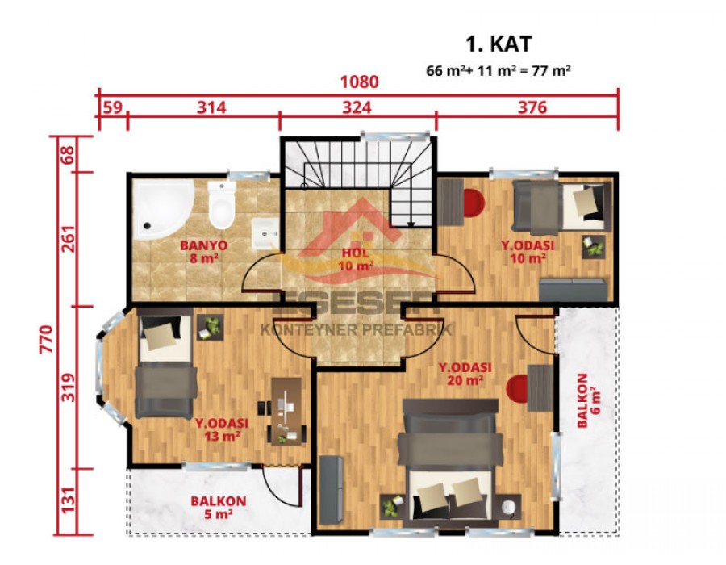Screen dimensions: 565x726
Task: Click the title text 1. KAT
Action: [499, 44]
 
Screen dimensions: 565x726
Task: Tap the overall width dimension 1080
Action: [359, 82]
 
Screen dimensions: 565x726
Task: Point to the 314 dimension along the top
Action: [207, 107]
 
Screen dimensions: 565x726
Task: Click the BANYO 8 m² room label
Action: [203, 252]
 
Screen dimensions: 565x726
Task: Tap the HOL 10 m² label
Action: [355, 260]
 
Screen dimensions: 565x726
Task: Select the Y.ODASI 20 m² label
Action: [461, 374]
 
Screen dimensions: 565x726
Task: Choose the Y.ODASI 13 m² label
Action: [221, 430]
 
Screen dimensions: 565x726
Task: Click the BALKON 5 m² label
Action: [218, 507]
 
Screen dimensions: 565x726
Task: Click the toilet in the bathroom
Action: [219, 206]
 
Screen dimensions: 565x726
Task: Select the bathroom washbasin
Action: [264, 234]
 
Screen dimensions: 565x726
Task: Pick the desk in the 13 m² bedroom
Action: [282, 410]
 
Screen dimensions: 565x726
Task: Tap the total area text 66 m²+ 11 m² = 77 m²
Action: [499, 70]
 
